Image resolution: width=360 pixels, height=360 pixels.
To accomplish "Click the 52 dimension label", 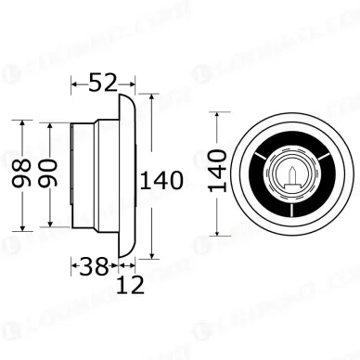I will [102, 83].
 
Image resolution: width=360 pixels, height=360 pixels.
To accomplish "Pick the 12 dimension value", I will [130, 287].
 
